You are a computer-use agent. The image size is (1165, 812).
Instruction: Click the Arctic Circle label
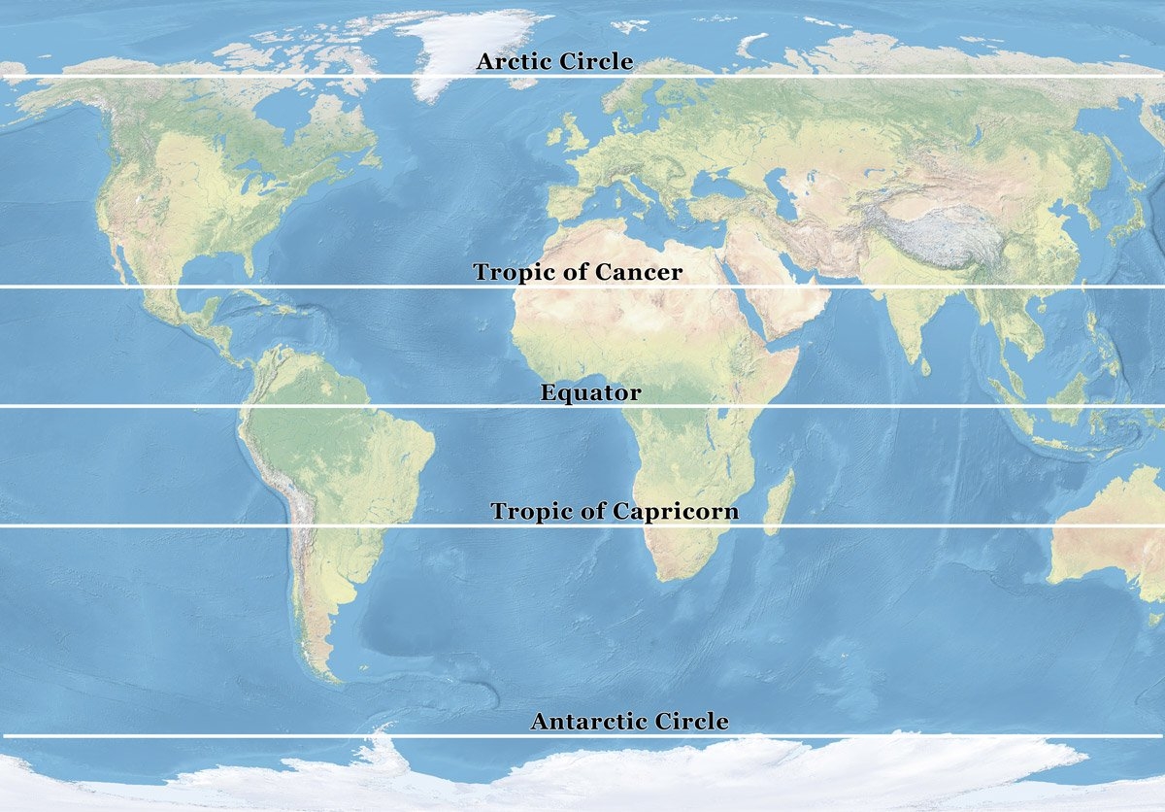[x=554, y=62]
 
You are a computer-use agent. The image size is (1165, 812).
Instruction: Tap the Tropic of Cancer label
[x=578, y=272]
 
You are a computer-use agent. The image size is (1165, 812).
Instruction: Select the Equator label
[x=590, y=393]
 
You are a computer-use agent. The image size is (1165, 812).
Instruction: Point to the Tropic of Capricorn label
[x=615, y=511]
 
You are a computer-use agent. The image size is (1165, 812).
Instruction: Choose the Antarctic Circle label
[x=629, y=722]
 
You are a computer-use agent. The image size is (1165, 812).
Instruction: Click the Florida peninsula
[x=247, y=263]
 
